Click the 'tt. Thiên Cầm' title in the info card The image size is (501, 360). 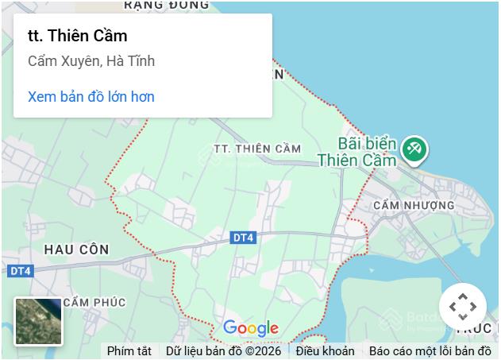coord(77,36)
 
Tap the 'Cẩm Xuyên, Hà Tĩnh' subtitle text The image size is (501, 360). coord(91,61)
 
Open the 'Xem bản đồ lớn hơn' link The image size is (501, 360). coord(91,97)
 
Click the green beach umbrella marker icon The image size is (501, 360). coord(414,149)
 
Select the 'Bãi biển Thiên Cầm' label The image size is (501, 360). coord(356,152)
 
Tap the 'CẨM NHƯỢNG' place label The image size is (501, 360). coord(413,205)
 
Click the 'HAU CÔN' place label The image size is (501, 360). coord(76,250)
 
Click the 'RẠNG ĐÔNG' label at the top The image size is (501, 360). coord(166,5)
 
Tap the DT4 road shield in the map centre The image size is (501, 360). coord(244,238)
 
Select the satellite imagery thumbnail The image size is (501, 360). coord(38,321)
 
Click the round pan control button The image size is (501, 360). coord(462,307)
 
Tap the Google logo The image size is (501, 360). coord(250,327)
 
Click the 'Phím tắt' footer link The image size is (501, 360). coord(129,350)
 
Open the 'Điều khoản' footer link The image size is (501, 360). coord(325,350)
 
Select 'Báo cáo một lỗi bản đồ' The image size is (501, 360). coord(430,350)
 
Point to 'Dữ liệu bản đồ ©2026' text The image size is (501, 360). coord(223,350)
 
